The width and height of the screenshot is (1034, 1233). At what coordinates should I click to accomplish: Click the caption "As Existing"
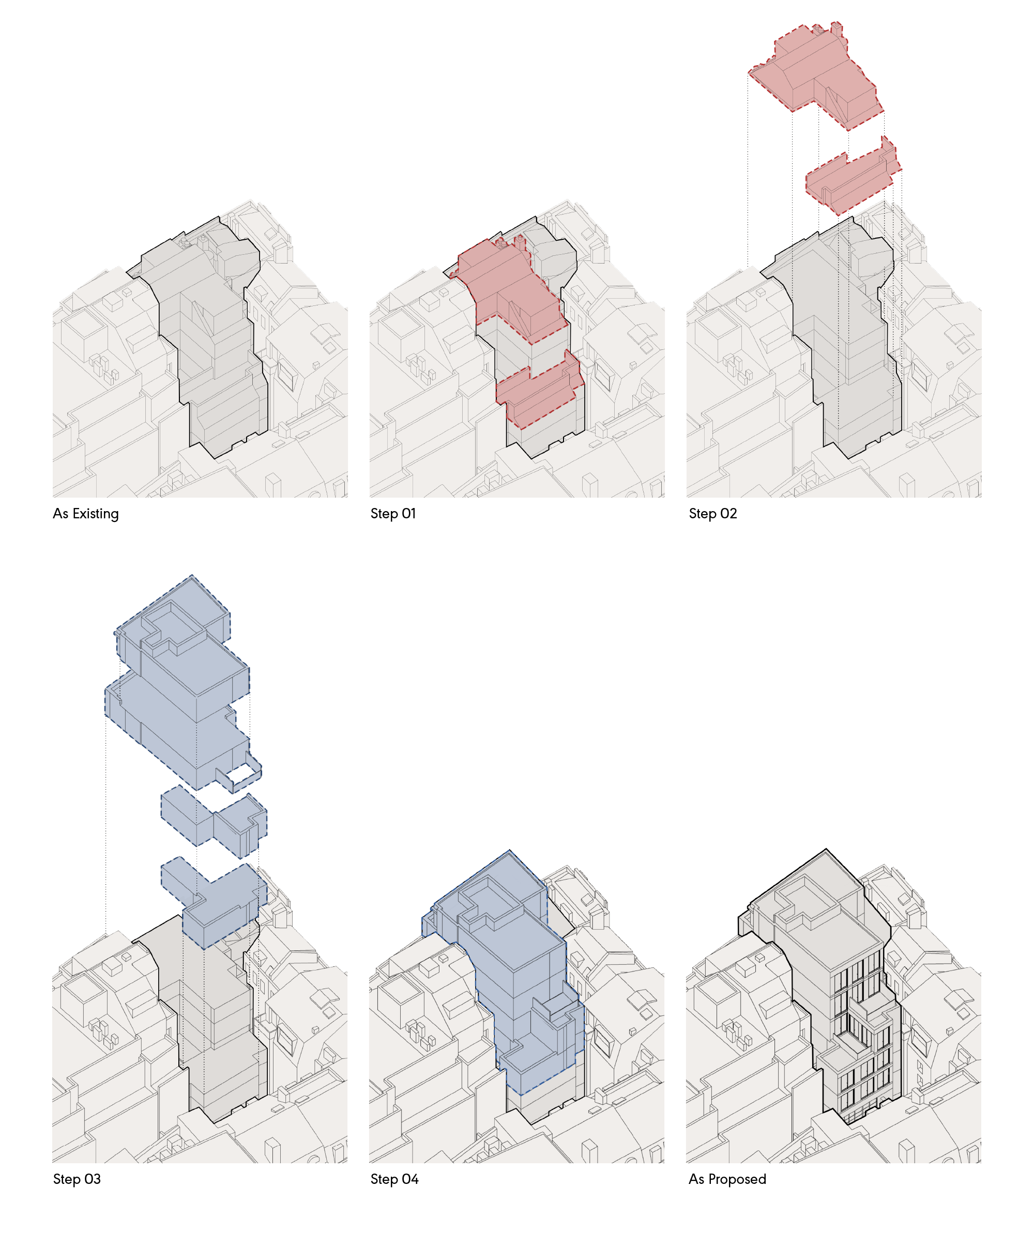point(86,514)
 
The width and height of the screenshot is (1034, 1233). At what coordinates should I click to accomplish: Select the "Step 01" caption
point(393,514)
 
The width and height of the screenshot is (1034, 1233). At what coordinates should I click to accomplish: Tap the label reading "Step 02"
point(712,514)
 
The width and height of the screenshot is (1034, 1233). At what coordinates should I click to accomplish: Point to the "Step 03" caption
point(77,1179)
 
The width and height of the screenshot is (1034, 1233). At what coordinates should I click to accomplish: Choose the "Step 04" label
point(394,1179)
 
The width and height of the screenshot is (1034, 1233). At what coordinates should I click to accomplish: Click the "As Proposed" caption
point(727,1179)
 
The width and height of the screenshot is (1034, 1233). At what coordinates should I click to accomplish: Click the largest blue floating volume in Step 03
point(182,687)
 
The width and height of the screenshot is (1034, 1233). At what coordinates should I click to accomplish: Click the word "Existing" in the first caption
point(95,514)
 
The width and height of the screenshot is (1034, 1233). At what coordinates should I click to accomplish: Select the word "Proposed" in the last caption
point(737,1179)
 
